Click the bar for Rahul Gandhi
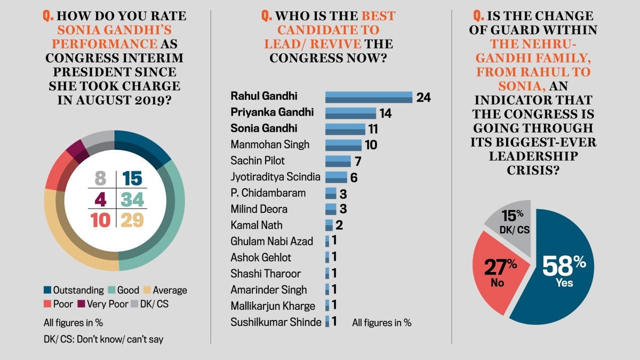coord(369,97)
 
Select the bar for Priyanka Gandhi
coord(350,113)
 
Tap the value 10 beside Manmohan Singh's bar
coord(369,145)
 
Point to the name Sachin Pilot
coord(258,161)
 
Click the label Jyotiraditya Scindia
coord(276,177)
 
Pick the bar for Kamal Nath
coord(329,225)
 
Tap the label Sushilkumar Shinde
coord(276,322)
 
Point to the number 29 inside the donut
coord(132,220)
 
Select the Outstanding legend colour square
coord(47,290)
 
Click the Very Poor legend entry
coord(99,305)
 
